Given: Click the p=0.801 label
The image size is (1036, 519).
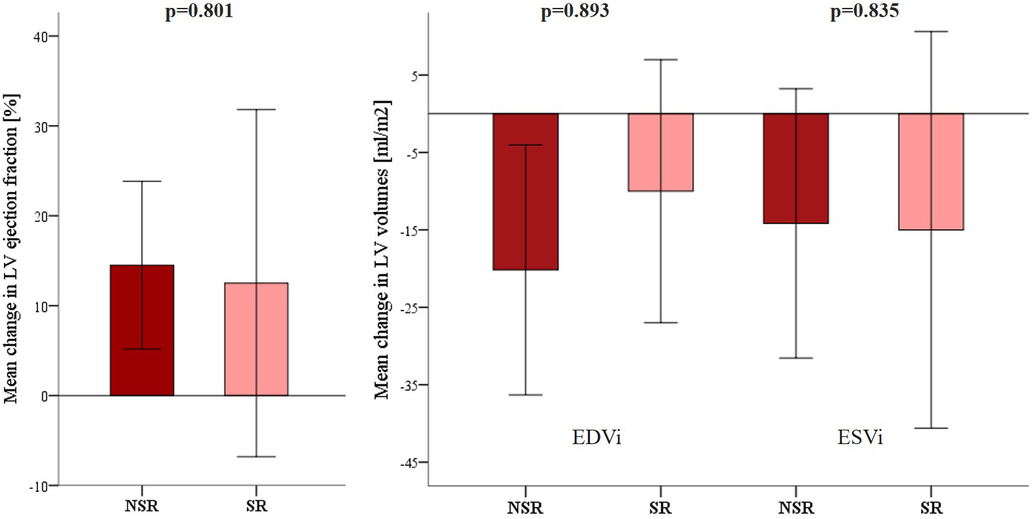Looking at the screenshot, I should click(198, 11).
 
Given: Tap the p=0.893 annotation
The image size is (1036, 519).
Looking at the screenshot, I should click(575, 11).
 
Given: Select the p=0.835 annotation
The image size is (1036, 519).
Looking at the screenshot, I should click(865, 11).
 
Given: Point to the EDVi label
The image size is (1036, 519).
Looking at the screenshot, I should click(597, 438).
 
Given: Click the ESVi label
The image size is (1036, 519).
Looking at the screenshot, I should click(860, 438).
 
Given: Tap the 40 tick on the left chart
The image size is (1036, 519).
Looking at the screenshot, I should click(41, 37).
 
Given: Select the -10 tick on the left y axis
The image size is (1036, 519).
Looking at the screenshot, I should click(38, 487).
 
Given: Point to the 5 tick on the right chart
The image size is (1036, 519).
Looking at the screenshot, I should click(415, 76).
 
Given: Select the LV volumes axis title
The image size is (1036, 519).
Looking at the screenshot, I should click(382, 250).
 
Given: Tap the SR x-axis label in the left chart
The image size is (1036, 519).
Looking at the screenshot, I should click(256, 507).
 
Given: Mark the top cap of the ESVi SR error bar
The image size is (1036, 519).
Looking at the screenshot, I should click(931, 32).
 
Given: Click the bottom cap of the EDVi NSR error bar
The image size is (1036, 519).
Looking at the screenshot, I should click(526, 395).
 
